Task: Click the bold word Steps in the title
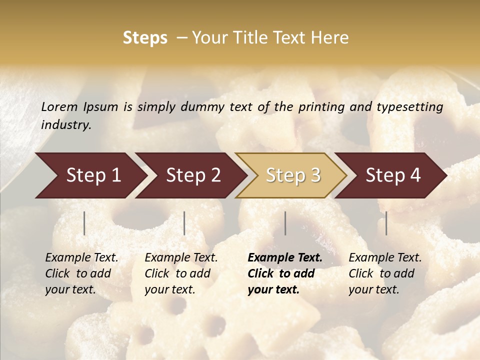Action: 145,38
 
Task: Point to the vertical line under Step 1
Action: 84,223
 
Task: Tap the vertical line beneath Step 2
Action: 184,223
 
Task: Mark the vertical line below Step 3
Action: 285,223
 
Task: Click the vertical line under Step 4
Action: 386,223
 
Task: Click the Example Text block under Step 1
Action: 81,273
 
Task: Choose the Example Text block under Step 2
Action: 181,273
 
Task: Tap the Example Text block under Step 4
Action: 385,273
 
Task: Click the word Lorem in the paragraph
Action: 59,107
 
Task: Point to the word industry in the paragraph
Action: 66,125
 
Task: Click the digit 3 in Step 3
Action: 315,175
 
